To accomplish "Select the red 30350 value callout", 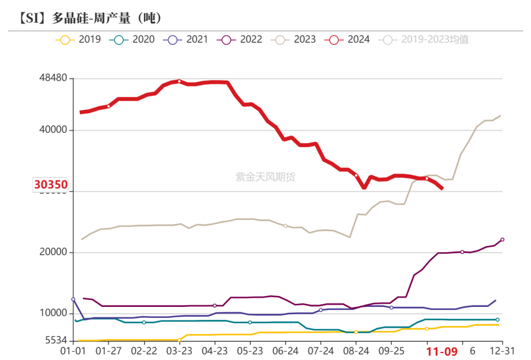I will pyautogui.click(x=51, y=185).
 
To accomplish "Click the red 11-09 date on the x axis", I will pyautogui.click(x=442, y=352).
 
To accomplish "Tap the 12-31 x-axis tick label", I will pyautogui.click(x=502, y=352).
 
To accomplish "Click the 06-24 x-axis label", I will pyautogui.click(x=285, y=352).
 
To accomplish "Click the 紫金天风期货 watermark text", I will pyautogui.click(x=265, y=177).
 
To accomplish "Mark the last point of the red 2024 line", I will pyautogui.click(x=443, y=188).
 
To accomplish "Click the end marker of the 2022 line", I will pyautogui.click(x=502, y=240).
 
